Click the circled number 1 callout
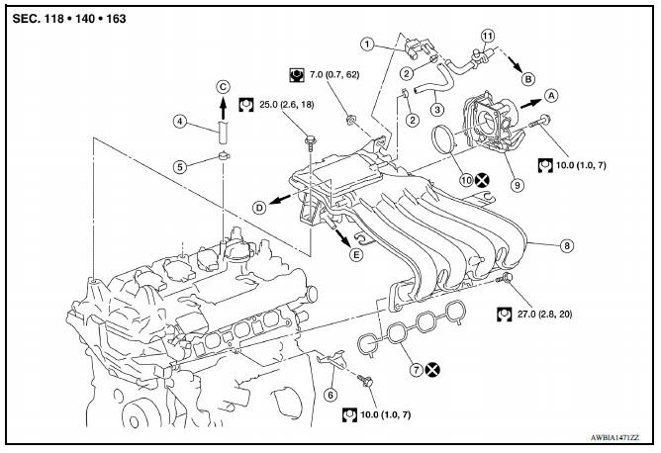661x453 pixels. tap(367, 44)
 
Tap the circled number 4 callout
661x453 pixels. tap(180, 122)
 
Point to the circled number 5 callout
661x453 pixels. tap(180, 167)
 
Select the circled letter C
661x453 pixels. tap(224, 86)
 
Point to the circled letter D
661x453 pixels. tap(259, 208)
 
